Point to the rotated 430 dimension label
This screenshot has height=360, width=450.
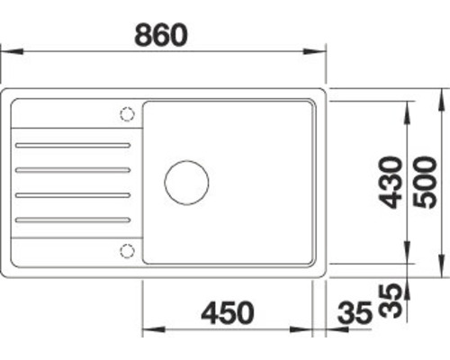point(389,182)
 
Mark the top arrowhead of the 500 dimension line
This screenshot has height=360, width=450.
point(444,95)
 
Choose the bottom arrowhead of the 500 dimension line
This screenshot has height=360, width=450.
point(444,269)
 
